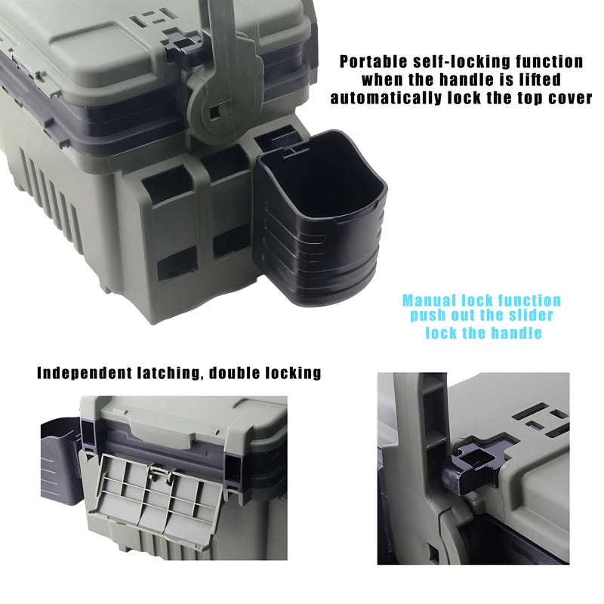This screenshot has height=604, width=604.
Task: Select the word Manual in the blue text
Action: point(429,300)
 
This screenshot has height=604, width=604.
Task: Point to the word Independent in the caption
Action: point(83,372)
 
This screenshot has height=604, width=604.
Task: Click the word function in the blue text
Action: point(532,300)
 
